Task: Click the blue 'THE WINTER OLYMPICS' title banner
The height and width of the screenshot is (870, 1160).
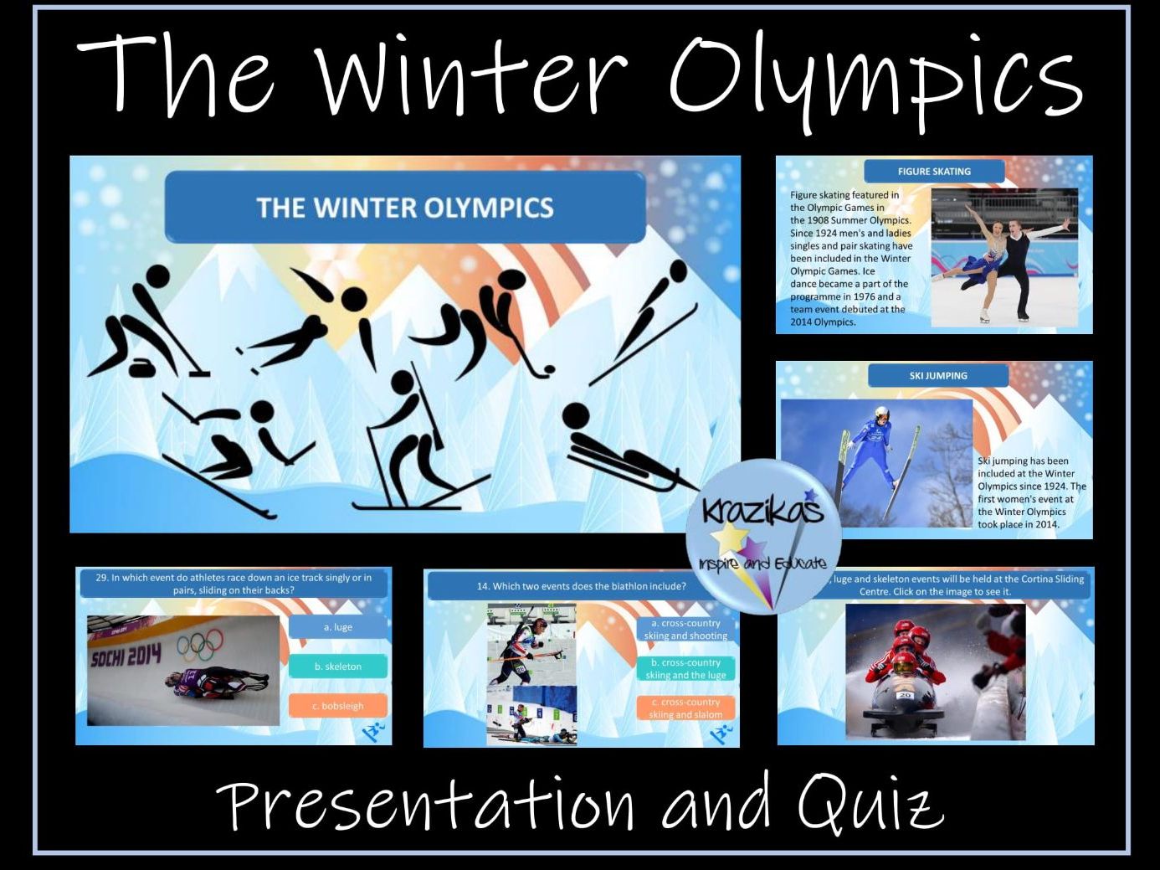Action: pos(405,208)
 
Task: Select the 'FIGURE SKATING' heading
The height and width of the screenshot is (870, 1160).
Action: pos(934,172)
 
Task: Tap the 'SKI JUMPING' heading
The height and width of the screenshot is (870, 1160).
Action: pos(938,376)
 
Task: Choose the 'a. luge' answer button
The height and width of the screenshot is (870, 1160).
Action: pos(338,627)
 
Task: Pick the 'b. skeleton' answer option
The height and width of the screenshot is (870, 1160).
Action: pos(338,667)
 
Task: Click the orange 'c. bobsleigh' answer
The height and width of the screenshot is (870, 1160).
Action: pos(338,706)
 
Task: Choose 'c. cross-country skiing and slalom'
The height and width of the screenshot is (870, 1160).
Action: pos(685,708)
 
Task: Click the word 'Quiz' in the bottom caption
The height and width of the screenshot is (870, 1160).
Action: pos(870,805)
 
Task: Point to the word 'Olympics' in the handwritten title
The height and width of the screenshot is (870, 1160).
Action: pos(875,80)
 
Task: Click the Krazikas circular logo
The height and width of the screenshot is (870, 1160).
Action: pos(762,537)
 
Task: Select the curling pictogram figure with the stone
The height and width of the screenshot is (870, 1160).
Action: pos(142,327)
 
